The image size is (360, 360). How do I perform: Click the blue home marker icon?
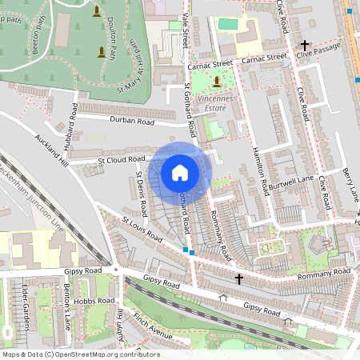coord(180,173)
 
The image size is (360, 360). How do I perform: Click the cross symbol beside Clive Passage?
coord(304,46)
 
